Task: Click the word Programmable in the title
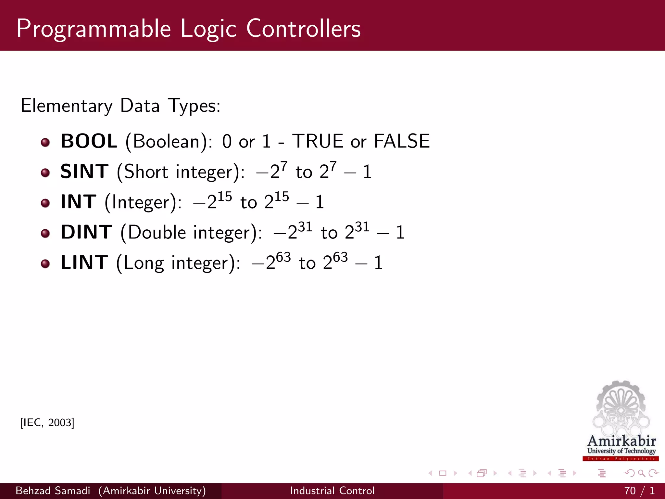[94, 29]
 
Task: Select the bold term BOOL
[89, 141]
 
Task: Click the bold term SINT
[84, 172]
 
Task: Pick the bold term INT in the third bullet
[79, 202]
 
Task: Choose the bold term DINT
[86, 232]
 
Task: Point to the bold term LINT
[84, 262]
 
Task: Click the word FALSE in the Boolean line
[402, 141]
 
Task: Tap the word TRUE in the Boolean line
[318, 141]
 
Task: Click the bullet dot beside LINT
[45, 263]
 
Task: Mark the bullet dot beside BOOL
[45, 142]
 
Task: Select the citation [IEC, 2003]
[47, 423]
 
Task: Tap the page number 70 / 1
[639, 491]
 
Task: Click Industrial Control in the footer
[332, 491]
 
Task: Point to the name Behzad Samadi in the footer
[53, 491]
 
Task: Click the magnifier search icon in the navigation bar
[641, 473]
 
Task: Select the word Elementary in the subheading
[67, 106]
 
